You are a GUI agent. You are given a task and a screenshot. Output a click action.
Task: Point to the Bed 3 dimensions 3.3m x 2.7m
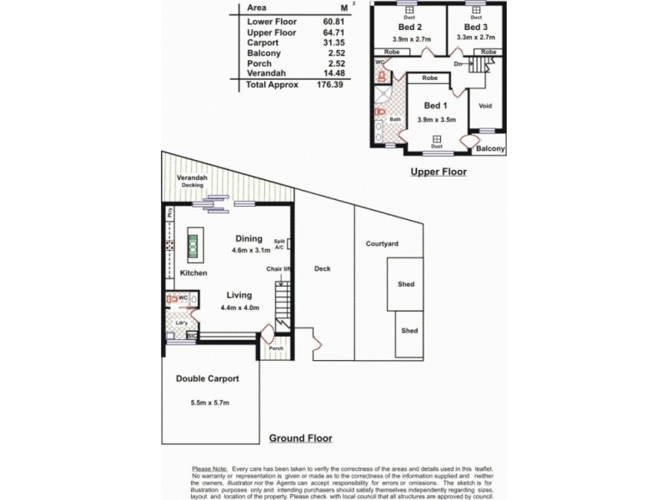pyautogui.click(x=476, y=37)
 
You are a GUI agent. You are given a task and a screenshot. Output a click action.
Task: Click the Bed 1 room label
pyautogui.click(x=436, y=106)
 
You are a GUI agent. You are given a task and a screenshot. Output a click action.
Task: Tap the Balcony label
pyautogui.click(x=490, y=149)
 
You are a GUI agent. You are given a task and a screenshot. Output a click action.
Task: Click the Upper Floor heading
pyautogui.click(x=438, y=172)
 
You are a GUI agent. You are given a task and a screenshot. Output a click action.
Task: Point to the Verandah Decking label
pyautogui.click(x=193, y=182)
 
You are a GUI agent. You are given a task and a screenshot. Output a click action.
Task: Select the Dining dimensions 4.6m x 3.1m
pyautogui.click(x=248, y=249)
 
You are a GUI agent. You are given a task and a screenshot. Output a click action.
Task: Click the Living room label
pyautogui.click(x=240, y=294)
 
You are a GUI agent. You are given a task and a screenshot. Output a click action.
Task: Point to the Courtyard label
pyautogui.click(x=382, y=244)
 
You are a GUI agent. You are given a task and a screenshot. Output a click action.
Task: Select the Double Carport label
pyautogui.click(x=208, y=378)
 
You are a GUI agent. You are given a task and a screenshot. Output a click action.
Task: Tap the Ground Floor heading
pyautogui.click(x=301, y=437)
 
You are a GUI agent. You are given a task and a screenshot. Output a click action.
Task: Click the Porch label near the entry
pyautogui.click(x=277, y=348)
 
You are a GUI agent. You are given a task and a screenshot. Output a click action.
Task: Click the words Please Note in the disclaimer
pyautogui.click(x=208, y=469)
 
